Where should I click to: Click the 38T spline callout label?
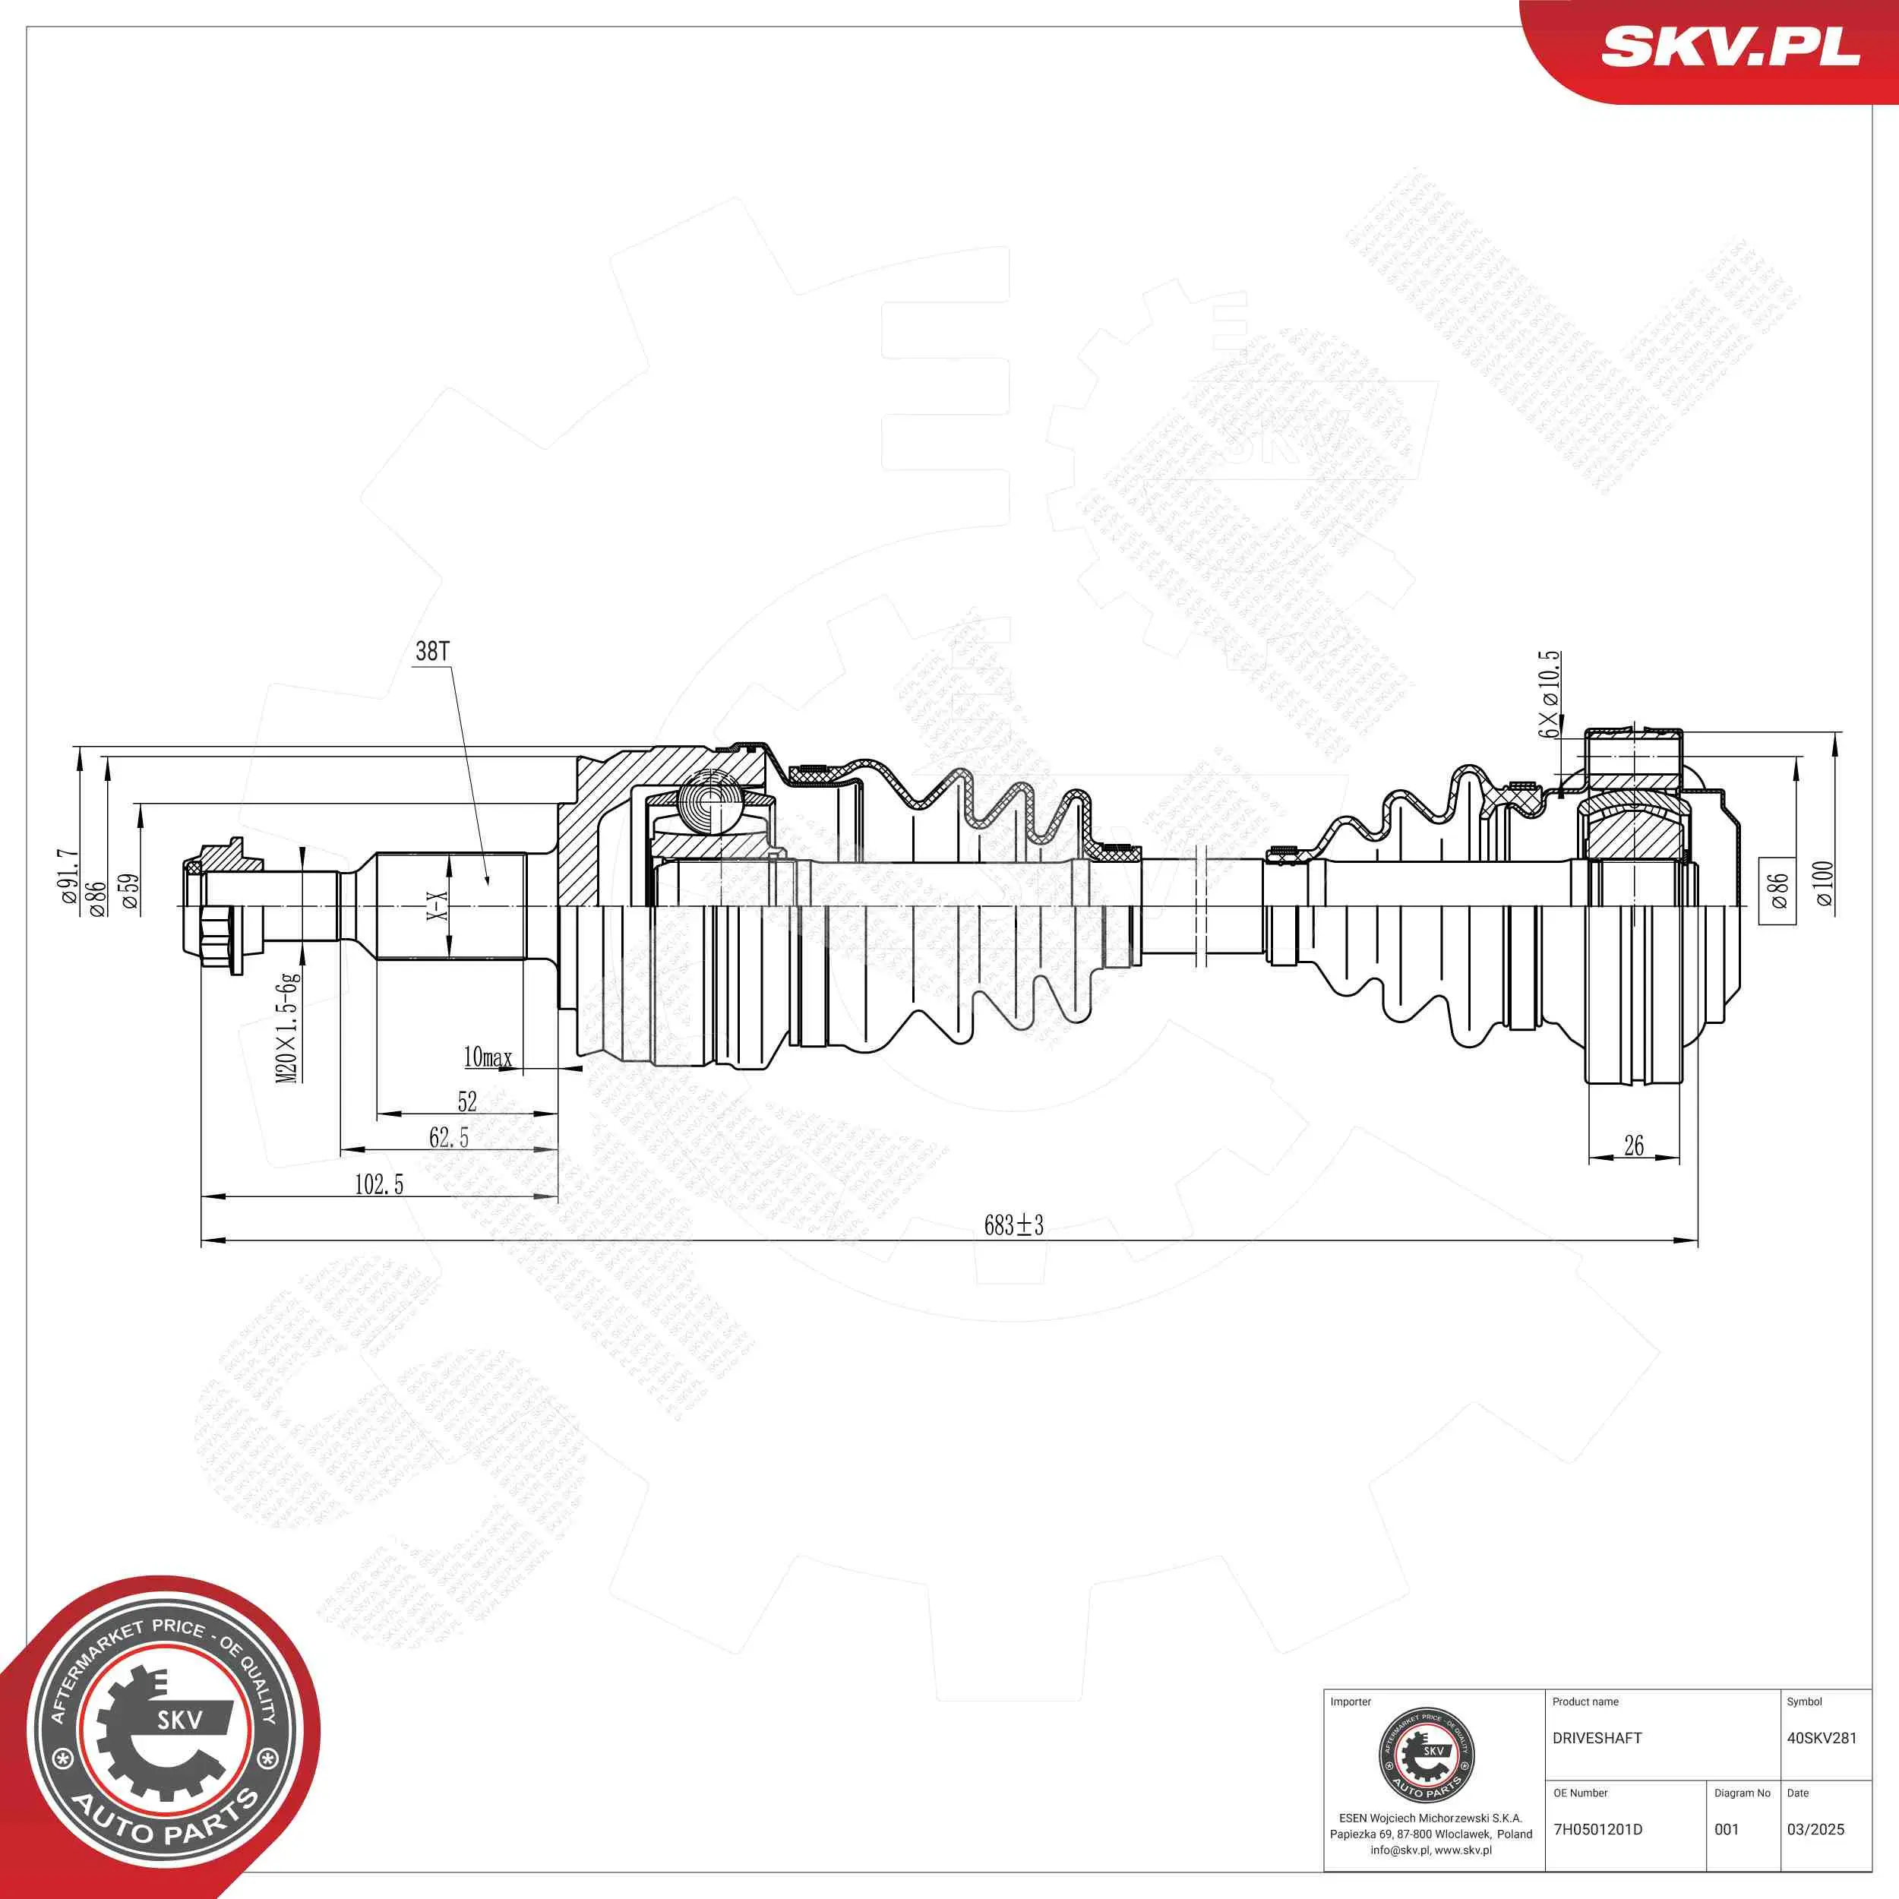pyautogui.click(x=432, y=651)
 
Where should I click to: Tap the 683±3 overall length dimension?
pyautogui.click(x=1013, y=1224)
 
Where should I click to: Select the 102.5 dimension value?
pyautogui.click(x=378, y=1183)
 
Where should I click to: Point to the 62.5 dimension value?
pyautogui.click(x=448, y=1137)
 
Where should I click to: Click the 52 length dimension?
pyautogui.click(x=467, y=1101)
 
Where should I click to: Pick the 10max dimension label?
pyautogui.click(x=488, y=1057)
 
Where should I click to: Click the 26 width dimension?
pyautogui.click(x=1634, y=1145)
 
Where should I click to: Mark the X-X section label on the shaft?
pyautogui.click(x=437, y=905)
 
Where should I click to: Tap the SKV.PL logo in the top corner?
pyautogui.click(x=1730, y=46)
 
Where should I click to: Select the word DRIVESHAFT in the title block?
pyautogui.click(x=1597, y=1738)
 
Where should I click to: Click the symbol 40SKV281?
pyautogui.click(x=1822, y=1738)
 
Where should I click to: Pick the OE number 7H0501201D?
pyautogui.click(x=1597, y=1829)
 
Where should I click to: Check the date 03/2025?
pyautogui.click(x=1815, y=1829)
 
